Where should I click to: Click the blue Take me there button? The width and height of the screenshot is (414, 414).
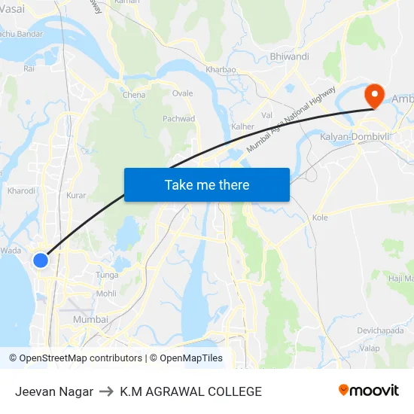point(207,184)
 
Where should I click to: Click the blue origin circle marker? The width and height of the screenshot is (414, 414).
point(41,260)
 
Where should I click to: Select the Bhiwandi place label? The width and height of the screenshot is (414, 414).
point(289,56)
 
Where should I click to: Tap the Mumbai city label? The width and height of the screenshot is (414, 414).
point(90,320)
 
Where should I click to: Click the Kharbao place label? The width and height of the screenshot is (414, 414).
point(221,69)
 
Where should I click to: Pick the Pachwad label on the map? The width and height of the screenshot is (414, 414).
point(179,119)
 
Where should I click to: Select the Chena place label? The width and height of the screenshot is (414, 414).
point(134,95)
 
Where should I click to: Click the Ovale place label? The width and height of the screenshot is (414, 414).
point(182,93)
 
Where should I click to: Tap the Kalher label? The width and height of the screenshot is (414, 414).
point(242,126)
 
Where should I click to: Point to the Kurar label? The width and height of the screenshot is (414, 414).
point(76,195)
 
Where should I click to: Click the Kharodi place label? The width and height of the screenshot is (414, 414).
point(21,190)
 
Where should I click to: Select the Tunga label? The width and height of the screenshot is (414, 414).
point(107,275)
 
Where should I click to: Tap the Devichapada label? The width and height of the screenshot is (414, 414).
point(381,330)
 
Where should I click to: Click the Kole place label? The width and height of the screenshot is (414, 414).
point(320,218)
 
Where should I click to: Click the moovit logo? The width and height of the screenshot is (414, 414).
point(369,391)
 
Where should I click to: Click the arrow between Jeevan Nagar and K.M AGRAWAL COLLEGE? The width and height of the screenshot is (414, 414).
point(106,391)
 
